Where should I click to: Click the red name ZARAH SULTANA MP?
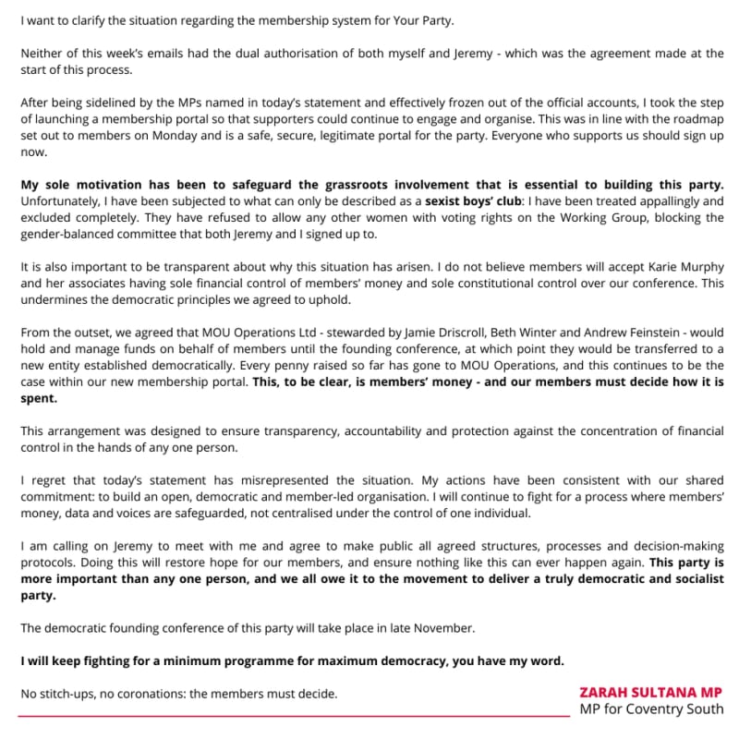coord(650,691)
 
